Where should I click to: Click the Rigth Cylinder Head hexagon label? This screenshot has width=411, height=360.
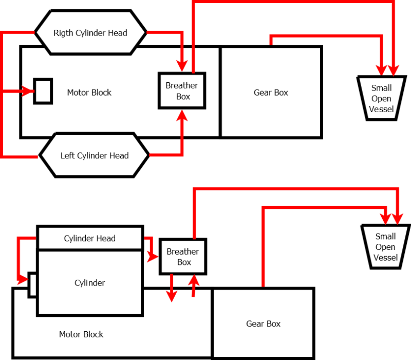tap(90, 33)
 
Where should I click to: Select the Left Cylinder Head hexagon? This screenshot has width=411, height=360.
tap(95, 155)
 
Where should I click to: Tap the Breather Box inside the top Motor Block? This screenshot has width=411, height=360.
tap(182, 91)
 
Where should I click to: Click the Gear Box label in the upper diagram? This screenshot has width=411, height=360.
tap(271, 93)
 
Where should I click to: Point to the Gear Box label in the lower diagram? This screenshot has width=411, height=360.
tap(263, 323)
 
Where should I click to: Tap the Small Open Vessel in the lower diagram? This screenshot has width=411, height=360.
tap(385, 247)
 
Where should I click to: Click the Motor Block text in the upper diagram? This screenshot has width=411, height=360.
tap(89, 93)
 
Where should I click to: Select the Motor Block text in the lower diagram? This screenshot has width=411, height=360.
tap(81, 334)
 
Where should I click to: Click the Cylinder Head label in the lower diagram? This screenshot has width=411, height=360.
tap(89, 239)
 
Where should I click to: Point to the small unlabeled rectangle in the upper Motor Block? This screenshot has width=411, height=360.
tap(43, 92)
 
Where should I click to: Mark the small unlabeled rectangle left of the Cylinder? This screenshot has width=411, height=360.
tap(32, 284)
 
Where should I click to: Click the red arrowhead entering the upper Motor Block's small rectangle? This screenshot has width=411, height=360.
tap(28, 92)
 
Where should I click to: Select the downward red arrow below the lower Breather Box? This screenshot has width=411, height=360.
tap(172, 295)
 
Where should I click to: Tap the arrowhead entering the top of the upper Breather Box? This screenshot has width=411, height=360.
tap(182, 66)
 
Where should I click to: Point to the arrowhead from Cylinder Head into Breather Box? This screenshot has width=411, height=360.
tap(153, 256)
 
